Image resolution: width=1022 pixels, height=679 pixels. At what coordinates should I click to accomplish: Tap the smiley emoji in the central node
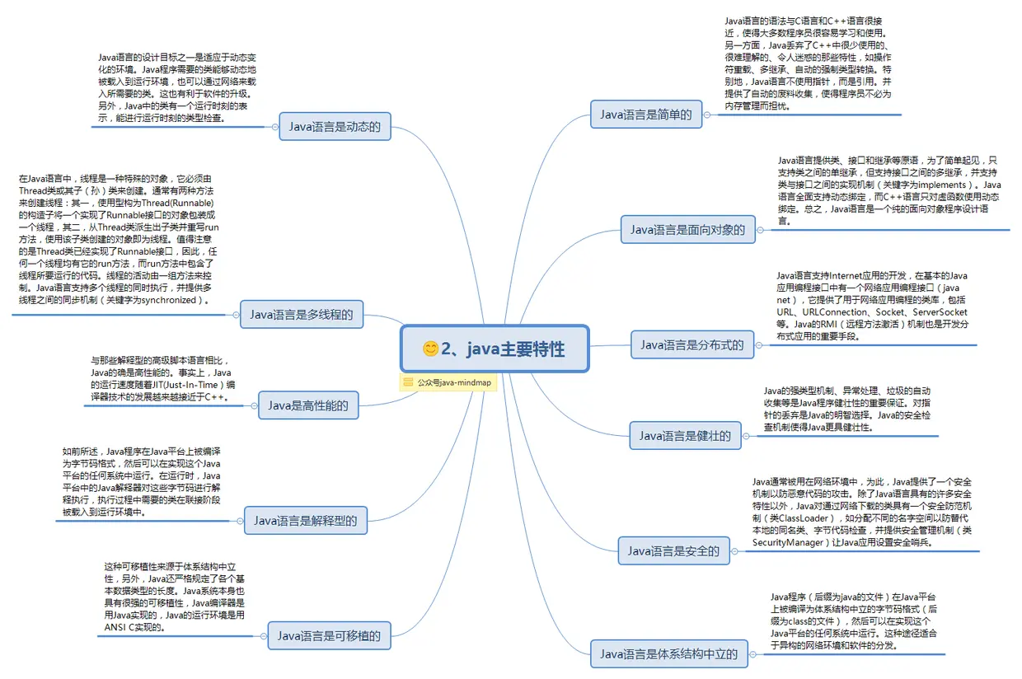tap(430, 349)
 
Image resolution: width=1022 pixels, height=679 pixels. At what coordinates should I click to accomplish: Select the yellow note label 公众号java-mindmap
tap(448, 382)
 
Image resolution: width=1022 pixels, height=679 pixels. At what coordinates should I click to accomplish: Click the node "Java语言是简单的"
tap(645, 115)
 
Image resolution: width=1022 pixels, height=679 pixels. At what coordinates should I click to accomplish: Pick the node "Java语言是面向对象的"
tap(687, 230)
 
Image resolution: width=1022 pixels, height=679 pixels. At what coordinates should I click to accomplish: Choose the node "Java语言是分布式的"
tap(691, 344)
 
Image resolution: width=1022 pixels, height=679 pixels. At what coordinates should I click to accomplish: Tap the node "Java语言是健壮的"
tap(685, 435)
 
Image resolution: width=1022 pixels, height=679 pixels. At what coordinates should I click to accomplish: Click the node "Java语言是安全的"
tap(673, 550)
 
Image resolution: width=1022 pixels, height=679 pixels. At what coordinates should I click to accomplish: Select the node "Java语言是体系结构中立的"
tap(668, 654)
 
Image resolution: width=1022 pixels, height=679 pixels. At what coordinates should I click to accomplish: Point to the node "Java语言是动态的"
tap(334, 127)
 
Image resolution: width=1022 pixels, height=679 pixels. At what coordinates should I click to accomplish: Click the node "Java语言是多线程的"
tap(302, 314)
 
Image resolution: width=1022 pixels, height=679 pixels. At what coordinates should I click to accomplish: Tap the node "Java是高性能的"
tap(308, 405)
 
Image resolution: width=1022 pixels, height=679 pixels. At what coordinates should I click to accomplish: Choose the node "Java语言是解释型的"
tap(305, 520)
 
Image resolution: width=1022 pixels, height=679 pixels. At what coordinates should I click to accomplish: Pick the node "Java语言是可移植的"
tap(328, 635)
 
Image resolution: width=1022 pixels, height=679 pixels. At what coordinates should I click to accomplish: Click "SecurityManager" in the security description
tap(788, 543)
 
